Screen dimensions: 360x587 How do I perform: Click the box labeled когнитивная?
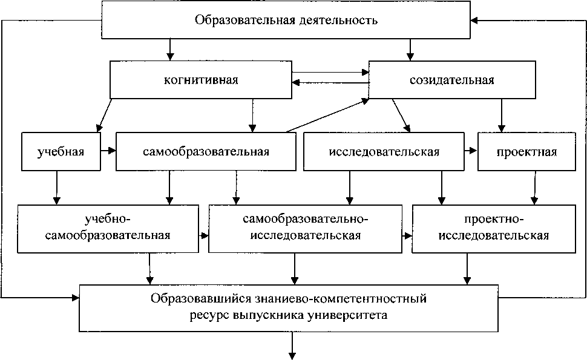point(200,80)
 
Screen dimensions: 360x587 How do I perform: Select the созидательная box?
point(452,80)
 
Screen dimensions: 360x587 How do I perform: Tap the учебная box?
point(60,151)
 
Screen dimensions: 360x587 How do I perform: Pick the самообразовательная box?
point(206,151)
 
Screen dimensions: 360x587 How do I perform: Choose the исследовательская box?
point(384,151)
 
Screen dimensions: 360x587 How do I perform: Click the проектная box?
point(526,151)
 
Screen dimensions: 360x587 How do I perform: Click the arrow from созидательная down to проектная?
point(501,115)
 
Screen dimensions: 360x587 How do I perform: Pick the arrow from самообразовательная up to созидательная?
point(327,115)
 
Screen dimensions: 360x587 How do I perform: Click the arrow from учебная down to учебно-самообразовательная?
point(56,186)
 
